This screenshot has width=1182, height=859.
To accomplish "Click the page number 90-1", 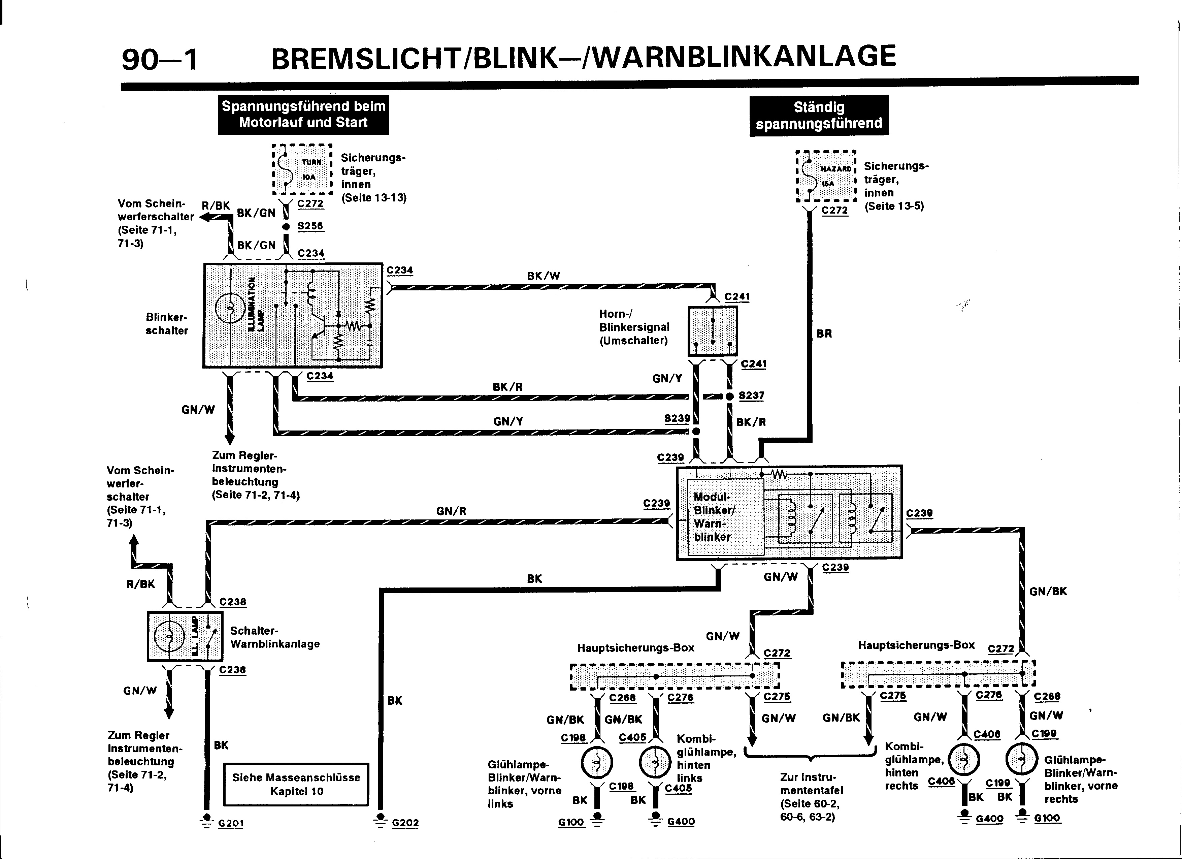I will tap(160, 59).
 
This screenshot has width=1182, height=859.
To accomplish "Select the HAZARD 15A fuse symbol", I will tap(826, 176).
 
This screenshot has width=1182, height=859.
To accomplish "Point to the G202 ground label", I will tap(405, 823).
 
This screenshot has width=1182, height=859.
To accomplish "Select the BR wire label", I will tap(824, 333).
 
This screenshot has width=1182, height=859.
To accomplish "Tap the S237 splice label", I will tap(751, 395).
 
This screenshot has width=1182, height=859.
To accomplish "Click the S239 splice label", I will tap(677, 418).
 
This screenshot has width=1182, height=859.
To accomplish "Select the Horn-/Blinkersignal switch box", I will tap(713, 331).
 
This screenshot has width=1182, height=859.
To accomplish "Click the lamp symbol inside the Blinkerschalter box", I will tap(230, 310).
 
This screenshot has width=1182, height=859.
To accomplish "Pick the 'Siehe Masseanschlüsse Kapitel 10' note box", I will tap(296, 785).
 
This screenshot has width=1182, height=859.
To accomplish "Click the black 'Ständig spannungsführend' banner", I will tap(819, 115).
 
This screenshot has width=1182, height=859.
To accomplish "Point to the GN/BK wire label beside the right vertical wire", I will tap(1048, 591).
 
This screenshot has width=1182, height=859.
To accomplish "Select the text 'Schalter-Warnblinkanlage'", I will tap(275, 637).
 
